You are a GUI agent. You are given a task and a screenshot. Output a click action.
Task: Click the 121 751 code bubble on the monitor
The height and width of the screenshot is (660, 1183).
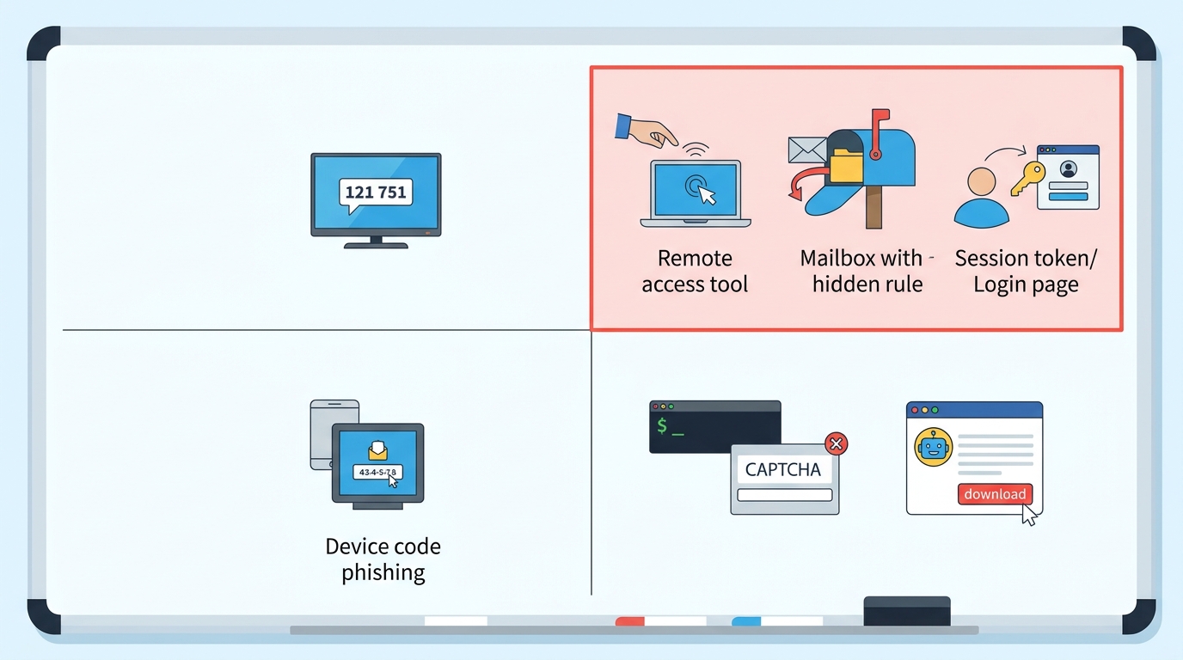pyautogui.click(x=376, y=193)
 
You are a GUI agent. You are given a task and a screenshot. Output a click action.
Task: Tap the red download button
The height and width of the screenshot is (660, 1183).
pyautogui.click(x=995, y=494)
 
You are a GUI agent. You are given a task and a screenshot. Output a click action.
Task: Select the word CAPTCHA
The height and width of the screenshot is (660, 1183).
pyautogui.click(x=782, y=469)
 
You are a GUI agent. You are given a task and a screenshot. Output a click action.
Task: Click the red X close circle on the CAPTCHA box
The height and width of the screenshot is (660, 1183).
pyautogui.click(x=836, y=444)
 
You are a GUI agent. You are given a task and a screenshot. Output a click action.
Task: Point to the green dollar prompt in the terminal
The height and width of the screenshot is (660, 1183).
pyautogui.click(x=662, y=425)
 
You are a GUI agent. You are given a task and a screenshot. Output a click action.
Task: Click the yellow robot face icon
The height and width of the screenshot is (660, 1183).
pyautogui.click(x=933, y=447)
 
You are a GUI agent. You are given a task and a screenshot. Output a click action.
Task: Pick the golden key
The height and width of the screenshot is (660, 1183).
pyautogui.click(x=1027, y=179)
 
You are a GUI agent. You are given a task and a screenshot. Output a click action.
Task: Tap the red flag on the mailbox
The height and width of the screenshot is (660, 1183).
pyautogui.click(x=879, y=133)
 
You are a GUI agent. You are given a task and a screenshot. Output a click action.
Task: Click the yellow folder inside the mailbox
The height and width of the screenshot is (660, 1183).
pyautogui.click(x=846, y=165)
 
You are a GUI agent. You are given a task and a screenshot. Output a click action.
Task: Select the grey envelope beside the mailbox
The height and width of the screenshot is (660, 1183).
pyautogui.click(x=806, y=150)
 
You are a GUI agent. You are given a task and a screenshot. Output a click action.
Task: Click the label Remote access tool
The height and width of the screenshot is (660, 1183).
pyautogui.click(x=695, y=271)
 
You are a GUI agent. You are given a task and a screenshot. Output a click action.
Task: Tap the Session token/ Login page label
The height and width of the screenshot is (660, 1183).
pyautogui.click(x=1026, y=272)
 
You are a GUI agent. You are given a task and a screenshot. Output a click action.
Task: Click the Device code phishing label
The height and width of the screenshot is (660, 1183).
pyautogui.click(x=383, y=559)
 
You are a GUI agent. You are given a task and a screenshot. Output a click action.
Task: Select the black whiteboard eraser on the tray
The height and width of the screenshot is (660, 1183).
pyautogui.click(x=907, y=611)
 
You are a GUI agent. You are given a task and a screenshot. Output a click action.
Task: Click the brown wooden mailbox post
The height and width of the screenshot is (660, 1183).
pyautogui.click(x=873, y=207)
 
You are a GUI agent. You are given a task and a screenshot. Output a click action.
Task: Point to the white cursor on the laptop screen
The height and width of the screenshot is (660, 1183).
pyautogui.click(x=708, y=195)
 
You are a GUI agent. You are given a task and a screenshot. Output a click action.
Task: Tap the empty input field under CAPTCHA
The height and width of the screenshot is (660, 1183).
pyautogui.click(x=785, y=495)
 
